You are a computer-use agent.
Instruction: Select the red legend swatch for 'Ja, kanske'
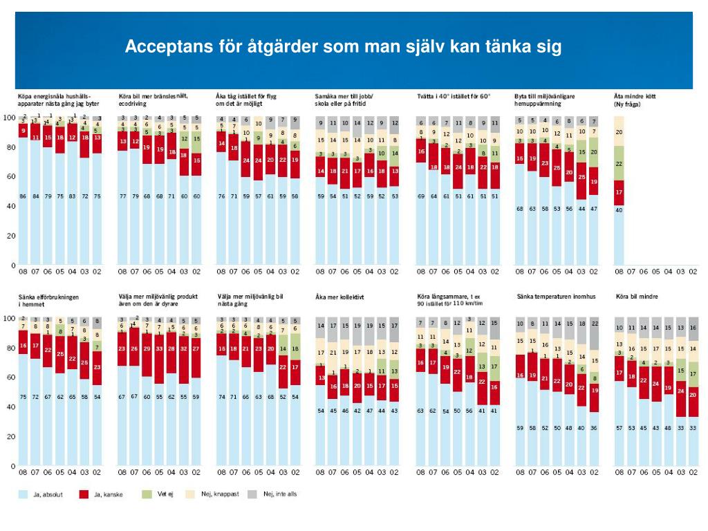pos(84,494)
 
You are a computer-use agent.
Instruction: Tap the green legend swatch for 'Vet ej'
pos(147,494)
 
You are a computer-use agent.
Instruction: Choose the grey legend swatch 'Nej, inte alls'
pos(252,494)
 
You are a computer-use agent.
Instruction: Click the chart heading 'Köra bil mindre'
pos(637,297)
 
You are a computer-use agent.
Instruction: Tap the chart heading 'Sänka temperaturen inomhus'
pos(555,297)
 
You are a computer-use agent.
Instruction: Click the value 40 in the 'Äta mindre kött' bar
pos(619,210)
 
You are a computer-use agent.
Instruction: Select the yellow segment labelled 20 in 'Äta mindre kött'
pos(619,131)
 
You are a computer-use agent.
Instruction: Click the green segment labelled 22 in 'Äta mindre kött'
pos(619,164)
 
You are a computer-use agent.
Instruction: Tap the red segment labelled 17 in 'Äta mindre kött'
pos(619,192)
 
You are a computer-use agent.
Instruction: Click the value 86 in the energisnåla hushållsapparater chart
pos(23,197)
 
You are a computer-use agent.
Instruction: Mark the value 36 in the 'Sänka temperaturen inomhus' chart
pos(594,429)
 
